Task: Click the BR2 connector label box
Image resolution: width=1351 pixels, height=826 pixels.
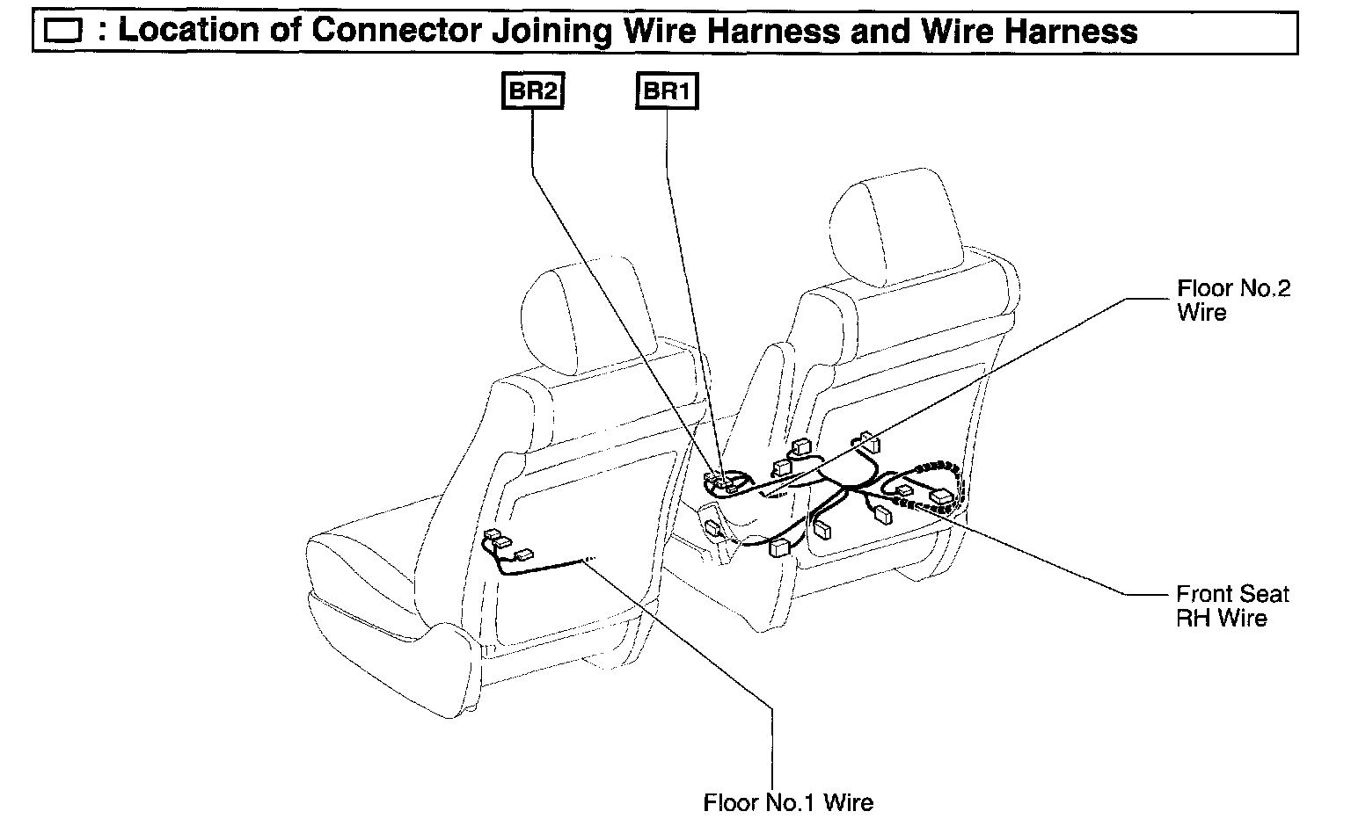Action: pyautogui.click(x=532, y=91)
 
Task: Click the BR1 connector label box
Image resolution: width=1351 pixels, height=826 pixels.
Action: pyautogui.click(x=667, y=91)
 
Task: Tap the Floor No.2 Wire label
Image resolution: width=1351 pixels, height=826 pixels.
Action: pyautogui.click(x=1233, y=300)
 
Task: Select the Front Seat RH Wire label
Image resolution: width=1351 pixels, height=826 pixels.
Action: pyautogui.click(x=1231, y=606)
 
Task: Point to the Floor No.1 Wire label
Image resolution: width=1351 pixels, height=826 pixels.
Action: pyautogui.click(x=788, y=801)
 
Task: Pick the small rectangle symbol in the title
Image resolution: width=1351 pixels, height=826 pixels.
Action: pyautogui.click(x=62, y=33)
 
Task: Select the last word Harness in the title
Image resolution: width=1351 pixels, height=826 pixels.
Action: pyautogui.click(x=1071, y=32)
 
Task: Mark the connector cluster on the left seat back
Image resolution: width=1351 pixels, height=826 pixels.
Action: pyautogui.click(x=504, y=546)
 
